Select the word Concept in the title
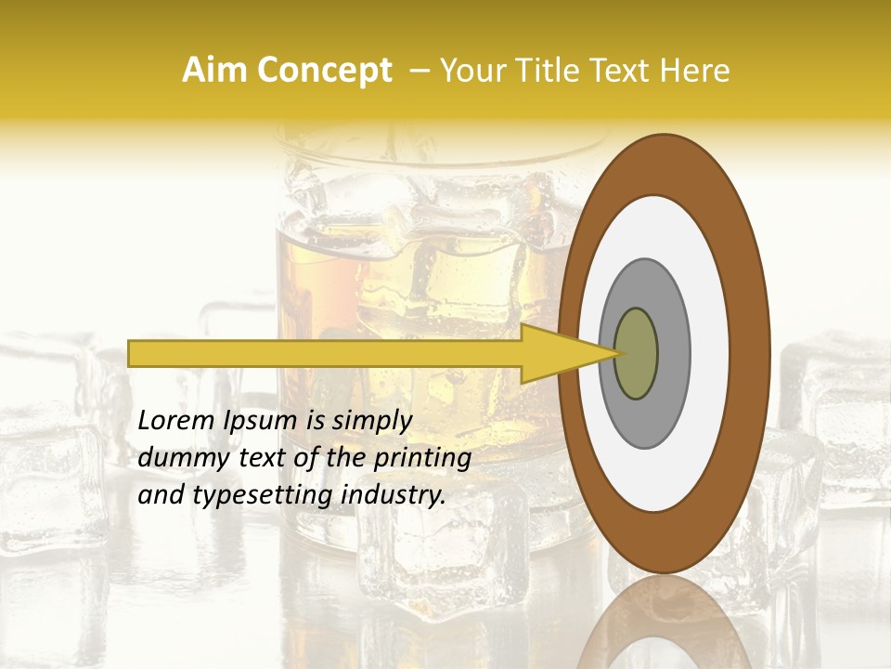[324, 71]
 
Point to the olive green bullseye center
[637, 354]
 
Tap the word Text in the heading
[613, 71]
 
